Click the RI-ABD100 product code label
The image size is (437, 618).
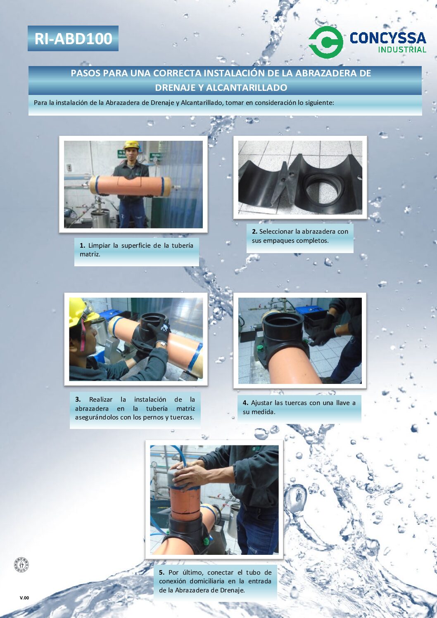73,38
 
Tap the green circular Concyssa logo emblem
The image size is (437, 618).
326,42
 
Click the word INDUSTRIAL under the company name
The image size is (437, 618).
402,50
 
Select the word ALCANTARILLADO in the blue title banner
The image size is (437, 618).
247,88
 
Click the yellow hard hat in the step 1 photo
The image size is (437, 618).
131,145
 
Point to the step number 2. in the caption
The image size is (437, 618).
254,232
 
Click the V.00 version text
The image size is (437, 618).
24,598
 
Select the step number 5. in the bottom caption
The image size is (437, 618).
162,573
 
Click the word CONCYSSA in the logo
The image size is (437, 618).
388,38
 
